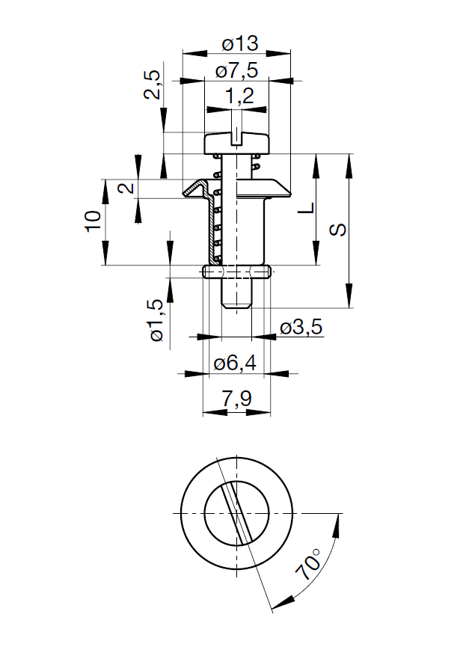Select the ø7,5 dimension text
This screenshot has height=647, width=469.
click(236, 71)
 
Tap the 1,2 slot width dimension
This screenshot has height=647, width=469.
click(236, 96)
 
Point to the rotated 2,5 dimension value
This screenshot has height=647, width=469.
click(153, 85)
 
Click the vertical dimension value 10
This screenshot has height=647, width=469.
click(93, 221)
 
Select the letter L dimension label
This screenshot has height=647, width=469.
click(306, 208)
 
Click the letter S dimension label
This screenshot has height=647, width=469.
click(338, 230)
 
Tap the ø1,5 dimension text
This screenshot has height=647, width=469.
click(156, 320)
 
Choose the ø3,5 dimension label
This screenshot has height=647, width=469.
click(301, 328)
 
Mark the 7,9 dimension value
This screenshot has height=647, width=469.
click(236, 400)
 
